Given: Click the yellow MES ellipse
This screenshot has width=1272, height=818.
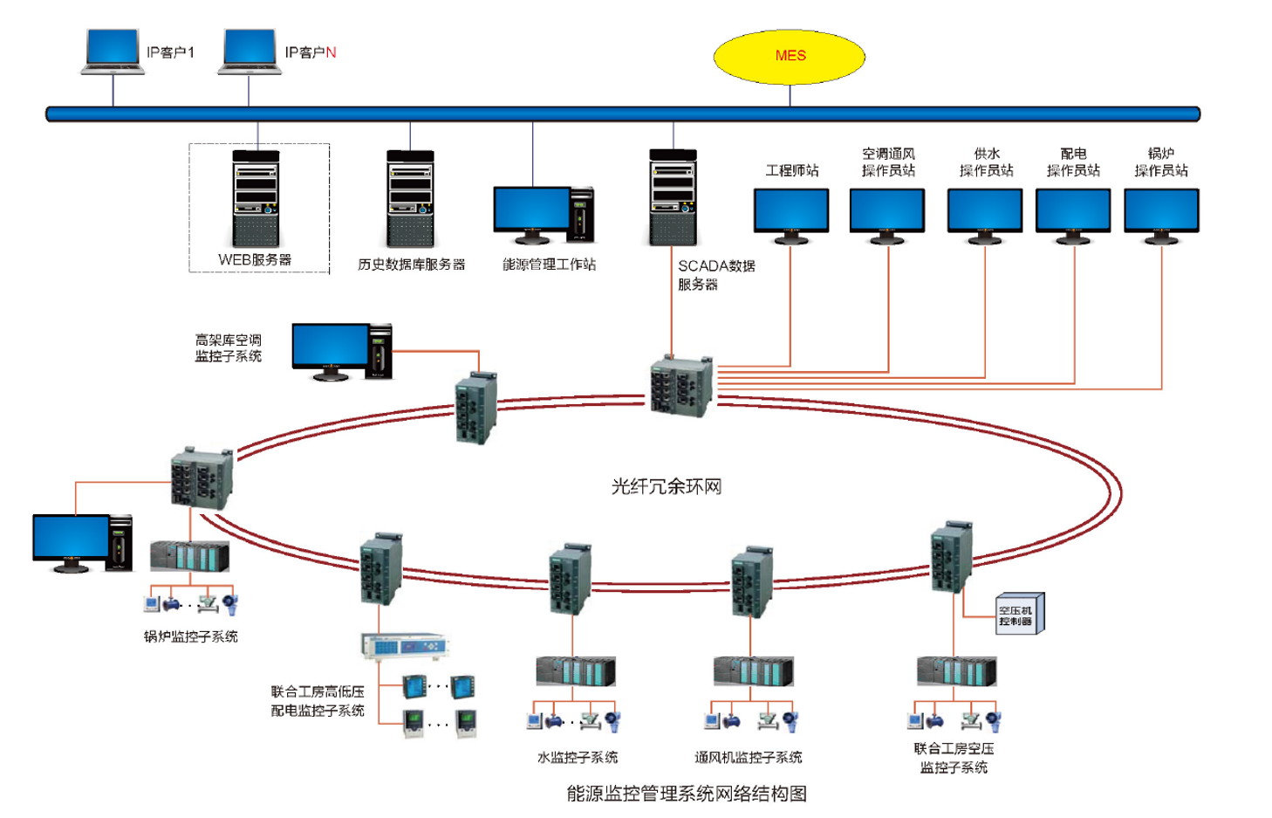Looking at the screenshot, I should [x=790, y=57].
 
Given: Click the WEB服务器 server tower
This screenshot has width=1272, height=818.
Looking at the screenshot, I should [x=256, y=199].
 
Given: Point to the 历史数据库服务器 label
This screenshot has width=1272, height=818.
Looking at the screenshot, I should [x=411, y=265].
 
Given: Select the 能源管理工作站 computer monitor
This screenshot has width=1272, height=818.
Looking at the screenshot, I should [x=532, y=214].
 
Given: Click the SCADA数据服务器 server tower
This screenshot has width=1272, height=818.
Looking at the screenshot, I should [x=674, y=198].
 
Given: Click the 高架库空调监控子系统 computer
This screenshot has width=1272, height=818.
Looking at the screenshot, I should [x=341, y=352].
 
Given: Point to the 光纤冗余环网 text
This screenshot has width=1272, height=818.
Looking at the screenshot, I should [x=667, y=486].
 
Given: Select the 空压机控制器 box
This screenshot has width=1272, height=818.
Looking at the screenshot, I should [x=1017, y=615].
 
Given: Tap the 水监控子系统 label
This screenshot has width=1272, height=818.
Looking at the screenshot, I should [x=578, y=757].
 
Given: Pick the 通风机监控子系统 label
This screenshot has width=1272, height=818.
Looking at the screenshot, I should [x=748, y=757].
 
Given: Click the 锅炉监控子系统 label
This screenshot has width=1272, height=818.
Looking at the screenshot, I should [x=190, y=636].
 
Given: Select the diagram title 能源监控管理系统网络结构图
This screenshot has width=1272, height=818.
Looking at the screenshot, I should [x=687, y=794].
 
